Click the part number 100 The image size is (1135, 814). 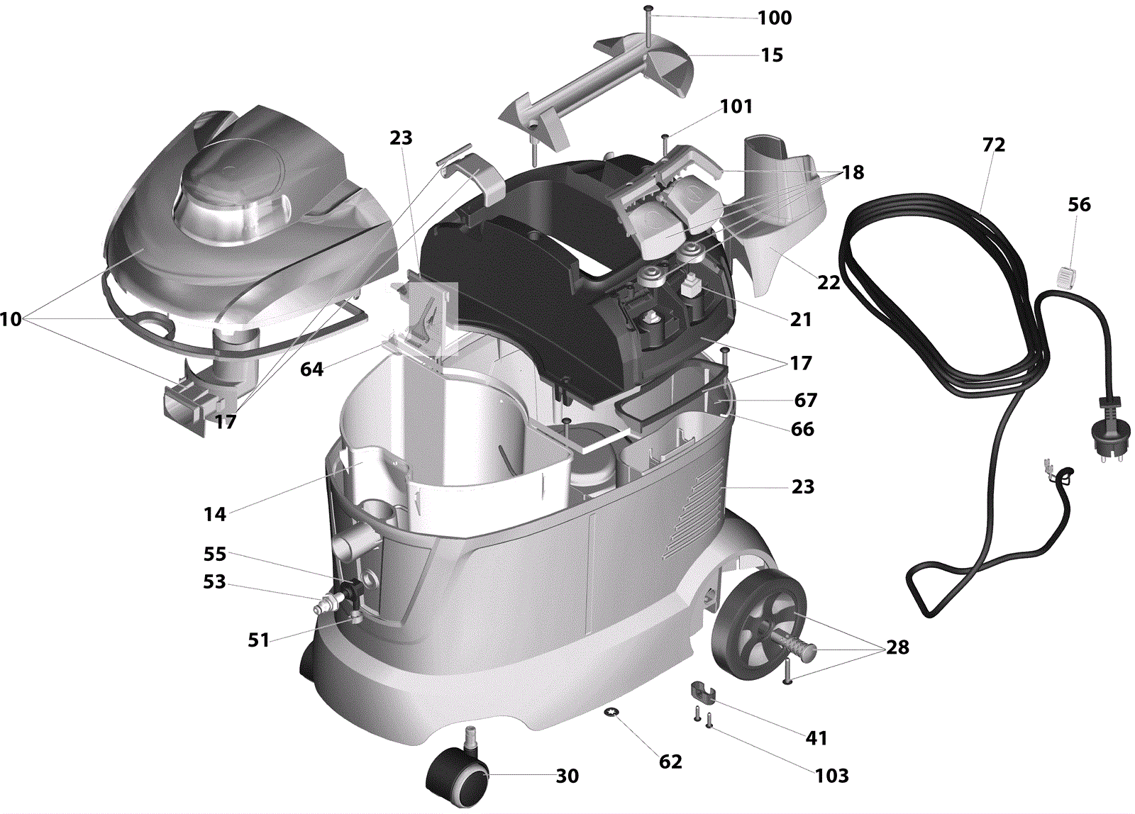(x=774, y=18)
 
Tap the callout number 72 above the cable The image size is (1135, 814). (x=994, y=145)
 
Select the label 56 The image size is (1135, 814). (x=1079, y=205)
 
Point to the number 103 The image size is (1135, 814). (x=832, y=776)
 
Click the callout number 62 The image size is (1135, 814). (x=670, y=762)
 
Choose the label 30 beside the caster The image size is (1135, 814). (x=567, y=776)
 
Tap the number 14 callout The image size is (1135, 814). (x=214, y=514)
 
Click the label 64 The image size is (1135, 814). (x=311, y=369)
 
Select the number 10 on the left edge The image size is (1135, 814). (x=11, y=319)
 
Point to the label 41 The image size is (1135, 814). (x=816, y=738)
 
